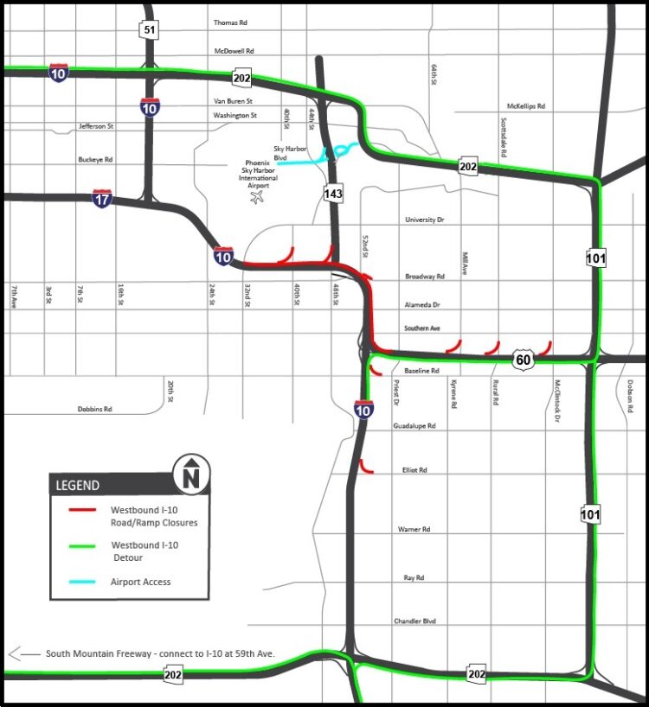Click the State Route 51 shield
[150, 31]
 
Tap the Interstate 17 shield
[102, 198]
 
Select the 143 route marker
[333, 194]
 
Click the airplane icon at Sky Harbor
[256, 199]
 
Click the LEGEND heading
[78, 486]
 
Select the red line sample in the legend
[83, 510]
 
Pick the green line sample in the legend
[83, 546]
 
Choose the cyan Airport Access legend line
[83, 582]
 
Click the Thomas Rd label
[230, 22]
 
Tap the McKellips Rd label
[526, 106]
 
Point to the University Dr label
[424, 220]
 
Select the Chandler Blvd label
[414, 621]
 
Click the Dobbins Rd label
[95, 409]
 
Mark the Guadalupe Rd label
[414, 426]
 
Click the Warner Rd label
[414, 528]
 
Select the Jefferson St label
[96, 126]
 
